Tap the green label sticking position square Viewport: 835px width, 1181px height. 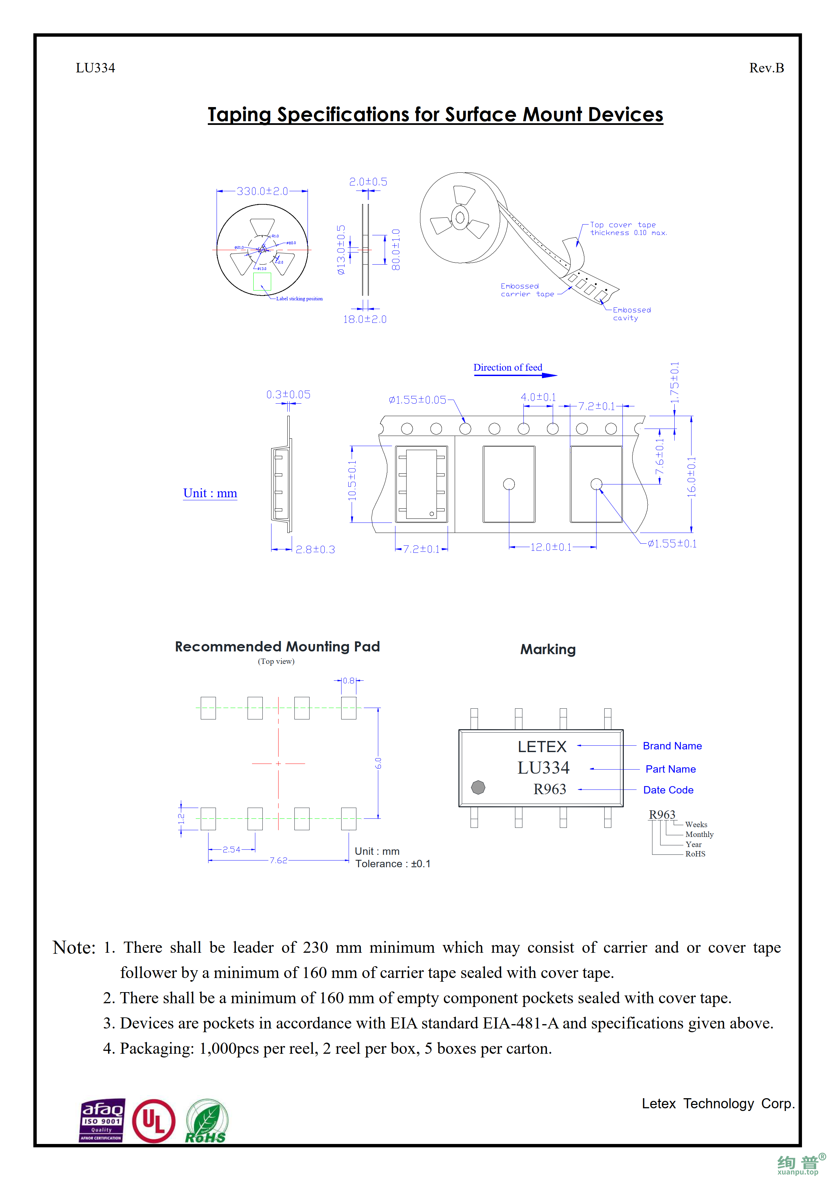point(262,281)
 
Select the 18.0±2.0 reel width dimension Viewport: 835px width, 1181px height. point(365,319)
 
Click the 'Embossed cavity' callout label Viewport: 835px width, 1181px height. point(631,314)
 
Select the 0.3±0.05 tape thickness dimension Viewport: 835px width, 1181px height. point(288,395)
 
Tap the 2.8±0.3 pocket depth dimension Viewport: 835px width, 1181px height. point(315,549)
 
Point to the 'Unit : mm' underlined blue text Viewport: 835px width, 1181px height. point(210,493)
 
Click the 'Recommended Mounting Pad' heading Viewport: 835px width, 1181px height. point(277,647)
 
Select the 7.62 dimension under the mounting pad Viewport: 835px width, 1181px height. point(278,860)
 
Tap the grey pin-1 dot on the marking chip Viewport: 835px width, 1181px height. point(478,787)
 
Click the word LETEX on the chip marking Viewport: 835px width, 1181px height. point(542,746)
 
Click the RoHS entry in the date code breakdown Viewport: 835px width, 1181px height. point(695,854)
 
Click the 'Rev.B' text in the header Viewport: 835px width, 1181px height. point(766,68)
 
